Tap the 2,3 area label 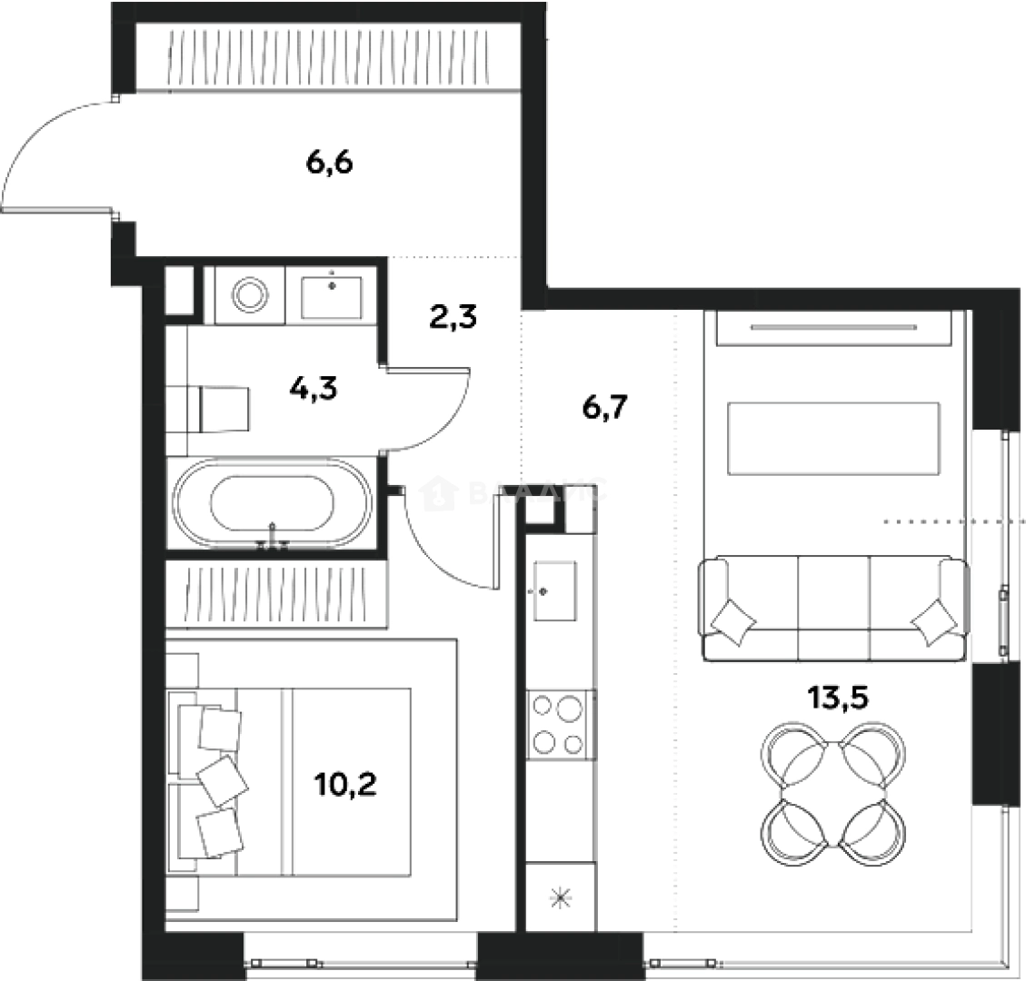click(453, 319)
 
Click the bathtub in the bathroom click(273, 505)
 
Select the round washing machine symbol click(249, 294)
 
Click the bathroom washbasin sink click(332, 294)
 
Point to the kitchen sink click(554, 590)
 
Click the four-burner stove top click(557, 725)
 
